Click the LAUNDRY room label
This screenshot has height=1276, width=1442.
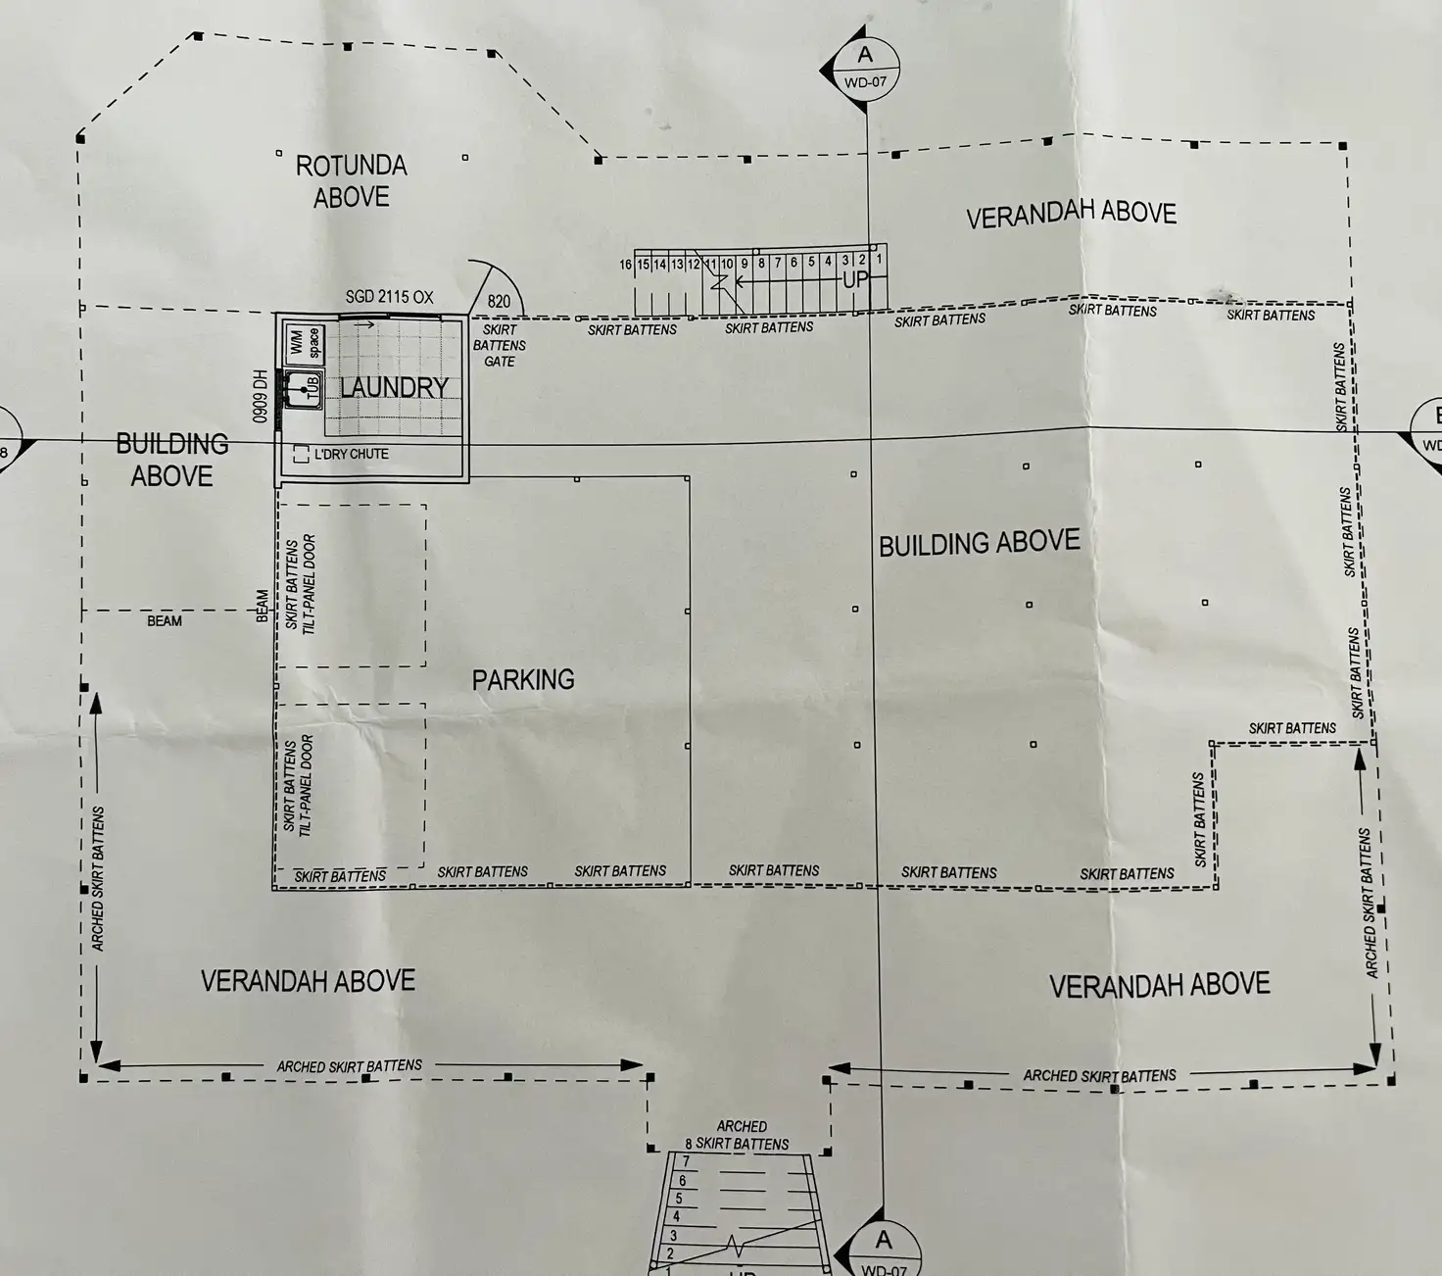click(394, 387)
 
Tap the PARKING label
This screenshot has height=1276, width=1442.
click(523, 679)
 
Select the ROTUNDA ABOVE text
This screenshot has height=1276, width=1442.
click(352, 181)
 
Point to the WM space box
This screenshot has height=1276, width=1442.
click(305, 343)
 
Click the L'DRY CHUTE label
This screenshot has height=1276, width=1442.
click(350, 455)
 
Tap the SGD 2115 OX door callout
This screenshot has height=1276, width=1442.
click(389, 297)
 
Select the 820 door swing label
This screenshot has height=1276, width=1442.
click(499, 302)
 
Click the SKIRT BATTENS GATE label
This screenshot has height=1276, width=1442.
click(500, 345)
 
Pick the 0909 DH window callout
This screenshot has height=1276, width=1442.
click(261, 396)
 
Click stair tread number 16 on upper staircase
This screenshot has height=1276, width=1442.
click(626, 265)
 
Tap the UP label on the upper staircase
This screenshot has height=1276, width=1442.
click(855, 279)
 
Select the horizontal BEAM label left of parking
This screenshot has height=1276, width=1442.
click(165, 620)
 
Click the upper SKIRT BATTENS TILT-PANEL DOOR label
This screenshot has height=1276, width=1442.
click(301, 584)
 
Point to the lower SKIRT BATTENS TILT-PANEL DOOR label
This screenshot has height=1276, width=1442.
click(298, 786)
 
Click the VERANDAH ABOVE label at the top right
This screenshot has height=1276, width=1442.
click(1071, 215)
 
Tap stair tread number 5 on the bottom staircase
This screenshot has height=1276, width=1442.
click(679, 1199)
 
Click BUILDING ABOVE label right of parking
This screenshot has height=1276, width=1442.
click(979, 543)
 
